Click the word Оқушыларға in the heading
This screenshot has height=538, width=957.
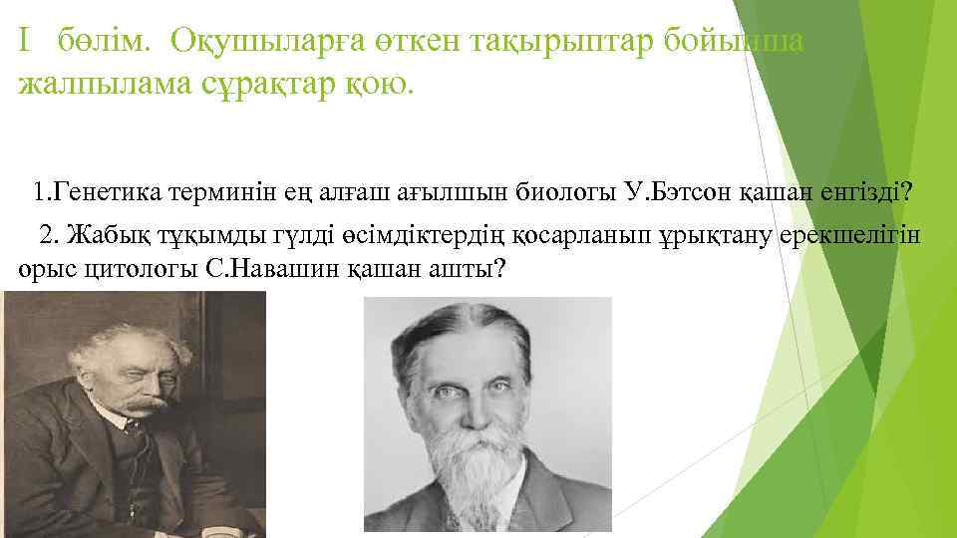(x=268, y=41)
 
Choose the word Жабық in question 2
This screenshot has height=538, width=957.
(x=111, y=235)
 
